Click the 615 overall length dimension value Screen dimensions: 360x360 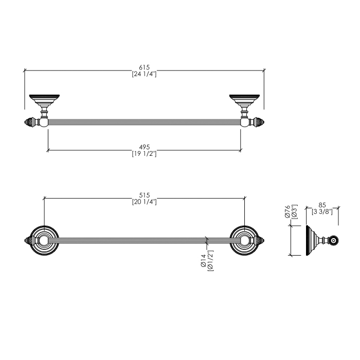pos(144,67)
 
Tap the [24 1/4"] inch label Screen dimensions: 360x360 pos(144,74)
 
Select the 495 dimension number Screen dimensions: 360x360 pos(144,147)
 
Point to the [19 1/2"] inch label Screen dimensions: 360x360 pos(144,154)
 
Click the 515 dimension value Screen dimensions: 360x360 pos(144,195)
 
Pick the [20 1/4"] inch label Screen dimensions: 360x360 pos(144,202)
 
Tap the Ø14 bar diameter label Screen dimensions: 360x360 pos(204,261)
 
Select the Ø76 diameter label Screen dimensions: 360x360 pos(287,212)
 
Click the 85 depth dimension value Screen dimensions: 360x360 pos(322,205)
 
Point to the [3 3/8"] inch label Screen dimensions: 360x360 pos(322,212)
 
